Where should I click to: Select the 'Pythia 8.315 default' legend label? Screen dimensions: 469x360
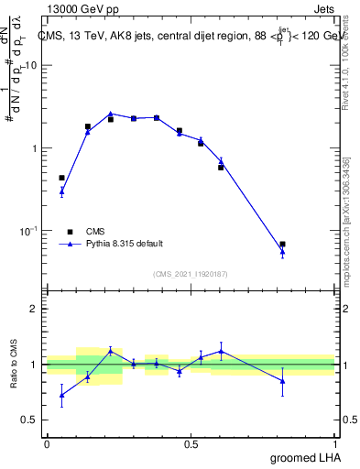coord(125,244)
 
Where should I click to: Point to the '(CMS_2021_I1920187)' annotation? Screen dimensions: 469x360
coord(191,273)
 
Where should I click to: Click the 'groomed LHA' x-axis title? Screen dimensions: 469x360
coord(306,457)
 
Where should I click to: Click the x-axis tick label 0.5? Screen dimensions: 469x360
coord(191,444)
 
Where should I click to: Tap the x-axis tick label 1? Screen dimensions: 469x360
coord(335,444)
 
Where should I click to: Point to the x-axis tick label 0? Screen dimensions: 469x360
coord(47,444)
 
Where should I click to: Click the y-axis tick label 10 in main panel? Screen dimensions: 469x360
coord(33,65)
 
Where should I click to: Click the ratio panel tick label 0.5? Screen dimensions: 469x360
coord(33,420)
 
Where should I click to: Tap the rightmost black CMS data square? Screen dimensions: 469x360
coord(282,245)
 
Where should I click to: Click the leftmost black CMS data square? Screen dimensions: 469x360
coord(61,178)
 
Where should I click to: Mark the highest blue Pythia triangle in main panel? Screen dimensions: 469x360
coord(110,114)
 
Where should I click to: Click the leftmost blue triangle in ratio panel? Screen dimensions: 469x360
coord(61,396)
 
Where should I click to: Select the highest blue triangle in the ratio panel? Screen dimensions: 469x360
coord(221,351)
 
